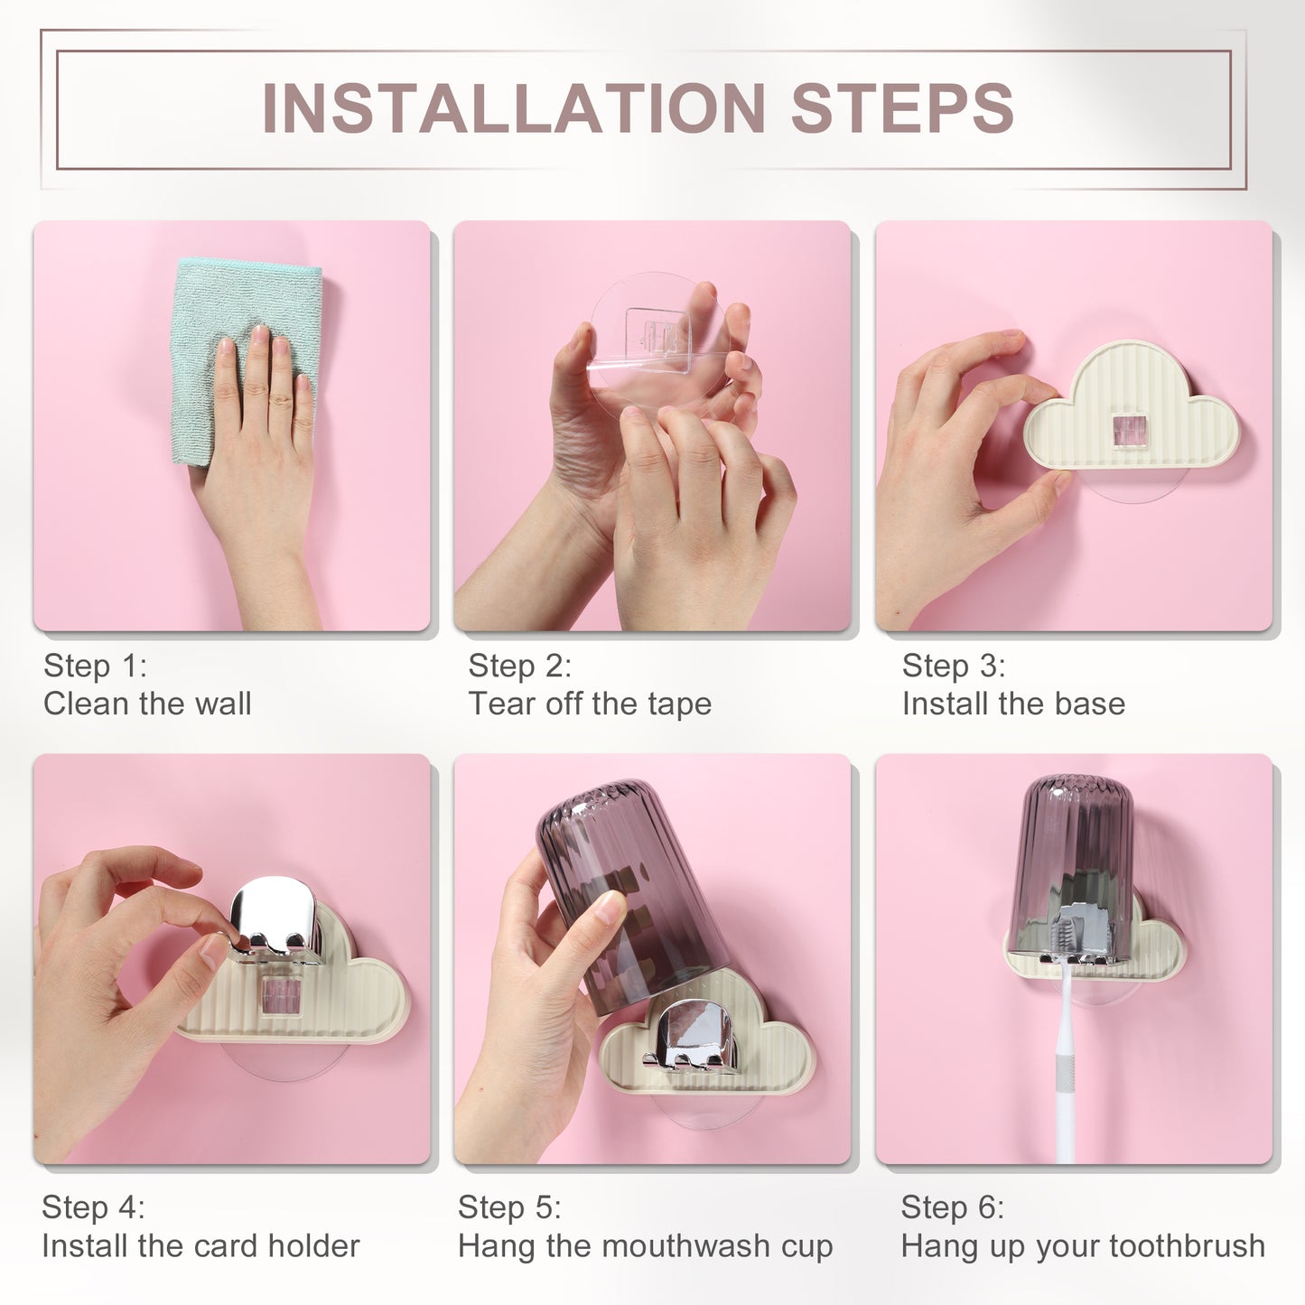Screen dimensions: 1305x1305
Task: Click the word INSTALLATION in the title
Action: pyautogui.click(x=513, y=107)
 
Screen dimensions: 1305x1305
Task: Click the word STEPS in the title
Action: pyautogui.click(x=901, y=107)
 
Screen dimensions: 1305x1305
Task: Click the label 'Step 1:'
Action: pyautogui.click(x=95, y=666)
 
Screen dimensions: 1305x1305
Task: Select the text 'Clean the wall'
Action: pyautogui.click(x=147, y=704)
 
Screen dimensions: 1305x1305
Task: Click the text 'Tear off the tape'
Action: pyautogui.click(x=590, y=704)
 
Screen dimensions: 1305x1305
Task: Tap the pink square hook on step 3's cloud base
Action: pyautogui.click(x=1133, y=429)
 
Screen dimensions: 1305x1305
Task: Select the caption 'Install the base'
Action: pyautogui.click(x=1013, y=704)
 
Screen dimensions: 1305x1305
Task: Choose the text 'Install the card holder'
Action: pyautogui.click(x=200, y=1245)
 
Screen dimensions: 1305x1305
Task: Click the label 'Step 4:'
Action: pyautogui.click(x=93, y=1207)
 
